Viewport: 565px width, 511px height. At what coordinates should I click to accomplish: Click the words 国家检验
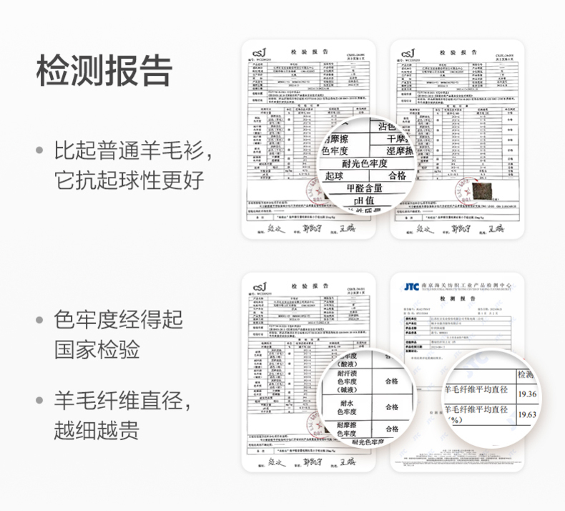[x=97, y=350]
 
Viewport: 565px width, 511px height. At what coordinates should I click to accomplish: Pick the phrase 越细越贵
[x=97, y=430]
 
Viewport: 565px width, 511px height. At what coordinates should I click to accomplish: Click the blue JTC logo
[x=411, y=286]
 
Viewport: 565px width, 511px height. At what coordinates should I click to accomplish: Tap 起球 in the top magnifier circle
[x=335, y=175]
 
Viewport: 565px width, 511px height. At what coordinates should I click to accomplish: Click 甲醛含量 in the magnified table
[x=364, y=189]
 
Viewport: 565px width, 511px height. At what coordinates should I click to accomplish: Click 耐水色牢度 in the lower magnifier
[x=350, y=408]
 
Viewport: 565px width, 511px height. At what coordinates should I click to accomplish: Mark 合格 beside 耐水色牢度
[x=391, y=407]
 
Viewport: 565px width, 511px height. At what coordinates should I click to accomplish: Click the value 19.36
[x=527, y=394]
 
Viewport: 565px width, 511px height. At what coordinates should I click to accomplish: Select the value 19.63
[x=527, y=414]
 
